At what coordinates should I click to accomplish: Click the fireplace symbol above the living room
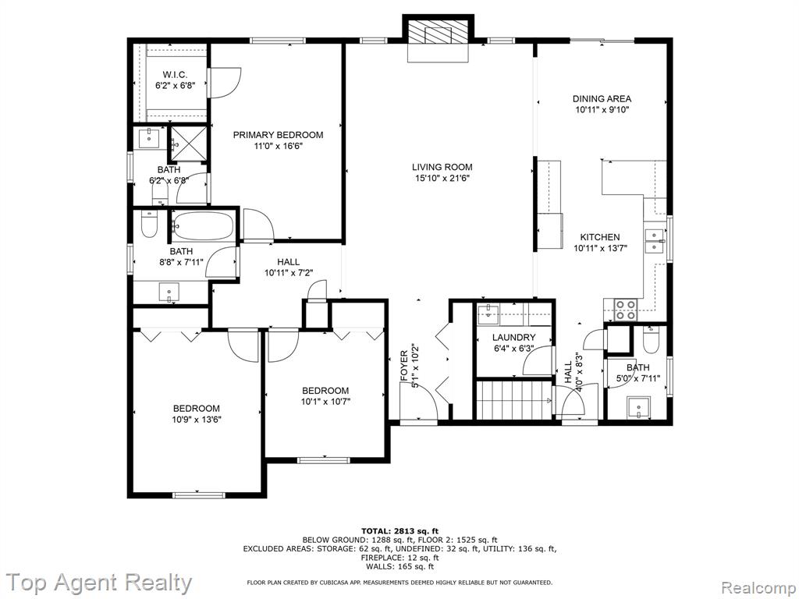click(438, 36)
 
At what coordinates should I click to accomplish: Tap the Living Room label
click(442, 167)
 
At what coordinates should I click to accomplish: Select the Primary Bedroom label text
click(279, 135)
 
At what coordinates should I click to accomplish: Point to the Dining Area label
click(602, 99)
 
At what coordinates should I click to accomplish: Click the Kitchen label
click(600, 237)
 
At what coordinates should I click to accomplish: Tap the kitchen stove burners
click(625, 310)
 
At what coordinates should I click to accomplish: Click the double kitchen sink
click(655, 241)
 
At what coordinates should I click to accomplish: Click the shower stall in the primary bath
click(188, 144)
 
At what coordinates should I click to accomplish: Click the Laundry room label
click(513, 337)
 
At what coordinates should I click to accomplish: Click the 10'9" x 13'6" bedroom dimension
click(197, 420)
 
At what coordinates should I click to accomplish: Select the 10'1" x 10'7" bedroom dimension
click(325, 402)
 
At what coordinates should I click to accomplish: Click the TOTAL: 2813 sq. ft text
click(399, 530)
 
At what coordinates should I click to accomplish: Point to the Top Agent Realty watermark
click(98, 582)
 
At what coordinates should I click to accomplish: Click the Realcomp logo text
click(758, 587)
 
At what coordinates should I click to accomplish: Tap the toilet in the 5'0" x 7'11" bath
click(650, 340)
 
